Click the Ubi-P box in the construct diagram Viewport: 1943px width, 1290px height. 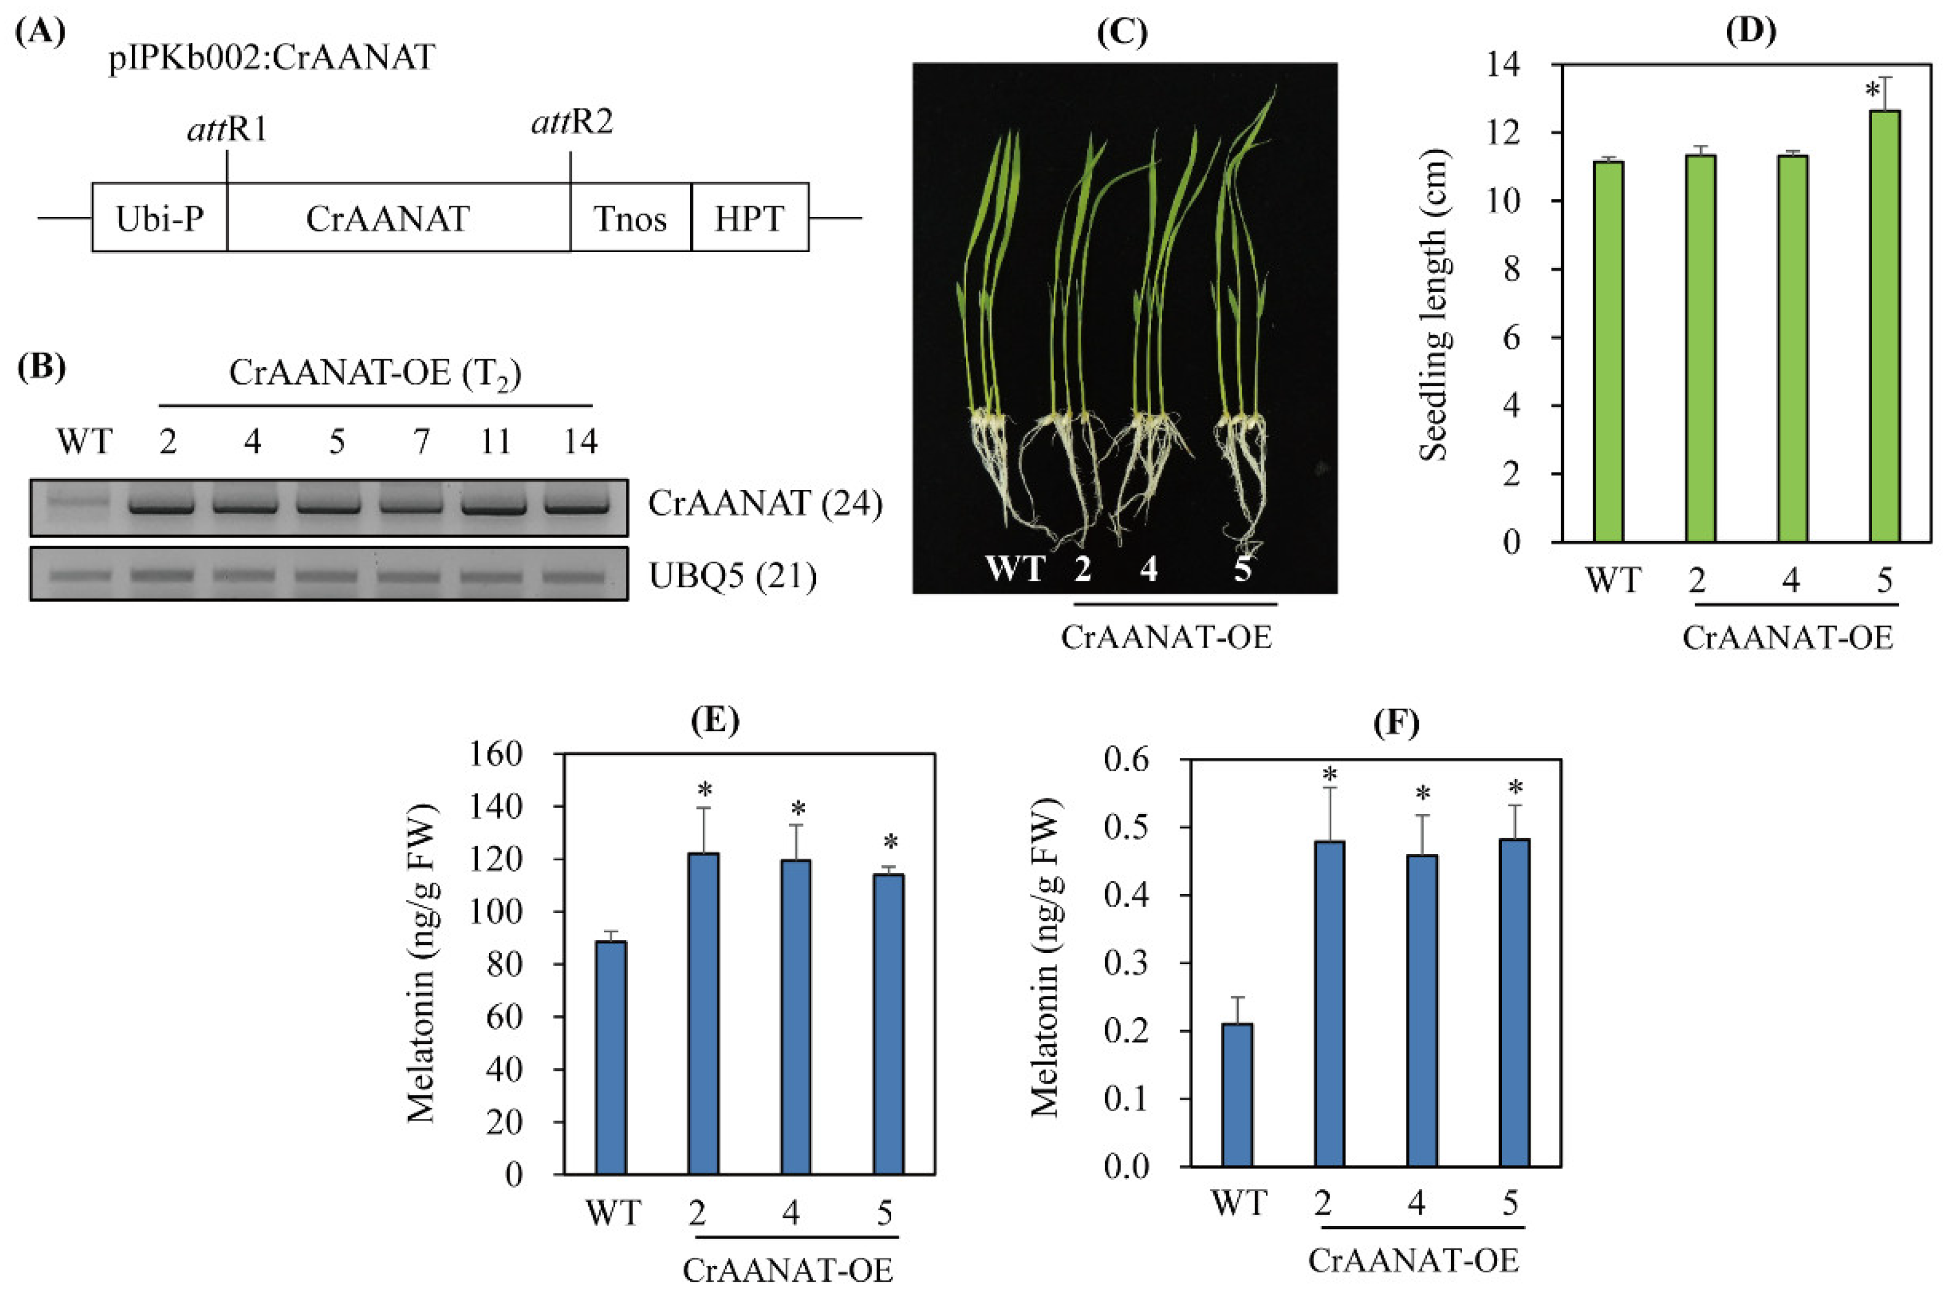[x=159, y=218]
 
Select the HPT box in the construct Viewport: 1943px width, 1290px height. [x=749, y=218]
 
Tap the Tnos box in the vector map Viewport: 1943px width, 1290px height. [x=630, y=218]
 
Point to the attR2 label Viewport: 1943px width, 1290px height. [x=572, y=124]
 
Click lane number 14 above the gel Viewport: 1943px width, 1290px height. [x=580, y=443]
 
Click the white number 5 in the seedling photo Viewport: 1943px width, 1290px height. [x=1242, y=568]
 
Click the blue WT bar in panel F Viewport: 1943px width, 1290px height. [x=1237, y=1095]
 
